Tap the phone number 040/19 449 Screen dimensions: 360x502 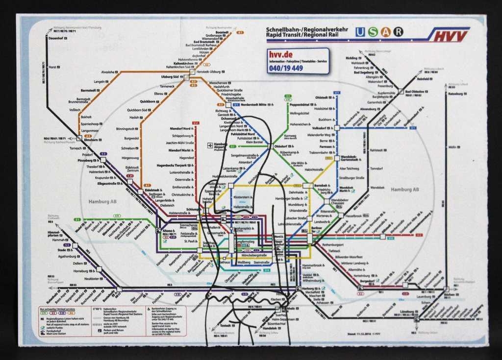[x=285, y=68]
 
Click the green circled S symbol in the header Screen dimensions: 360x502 [x=373, y=32]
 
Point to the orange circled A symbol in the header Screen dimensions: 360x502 [x=386, y=32]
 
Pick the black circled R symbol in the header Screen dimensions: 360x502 [x=399, y=32]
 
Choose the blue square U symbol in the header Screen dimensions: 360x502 [x=361, y=32]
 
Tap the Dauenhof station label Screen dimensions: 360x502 [x=56, y=38]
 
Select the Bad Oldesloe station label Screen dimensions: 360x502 [x=414, y=92]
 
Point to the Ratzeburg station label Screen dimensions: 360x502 [x=455, y=94]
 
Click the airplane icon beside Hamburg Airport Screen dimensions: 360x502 [x=210, y=145]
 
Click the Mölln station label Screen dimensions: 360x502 [x=452, y=147]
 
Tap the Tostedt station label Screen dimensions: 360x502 [x=225, y=326]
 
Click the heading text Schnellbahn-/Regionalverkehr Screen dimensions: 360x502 [x=307, y=29]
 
